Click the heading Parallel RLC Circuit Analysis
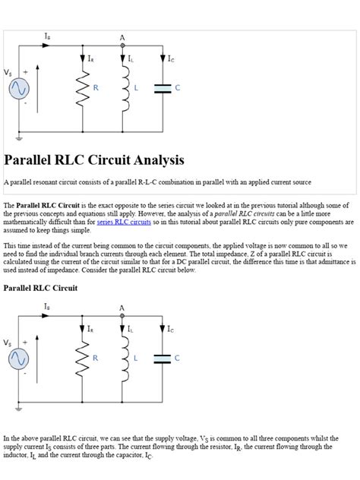pos(94,161)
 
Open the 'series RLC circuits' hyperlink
pos(124,223)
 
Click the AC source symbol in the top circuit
pos(19,90)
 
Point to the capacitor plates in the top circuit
pos(163,88)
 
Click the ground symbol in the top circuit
pos(19,139)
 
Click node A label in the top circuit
pos(122,36)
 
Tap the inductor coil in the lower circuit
pos(122,358)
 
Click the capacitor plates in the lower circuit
pos(163,358)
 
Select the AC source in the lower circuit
pos(19,359)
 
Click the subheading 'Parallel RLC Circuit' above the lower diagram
pos(40,289)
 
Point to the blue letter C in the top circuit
pos(177,88)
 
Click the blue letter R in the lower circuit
pos(96,358)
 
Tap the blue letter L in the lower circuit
pos(136,358)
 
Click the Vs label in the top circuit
pos(8,74)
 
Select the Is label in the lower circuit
pos(47,306)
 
